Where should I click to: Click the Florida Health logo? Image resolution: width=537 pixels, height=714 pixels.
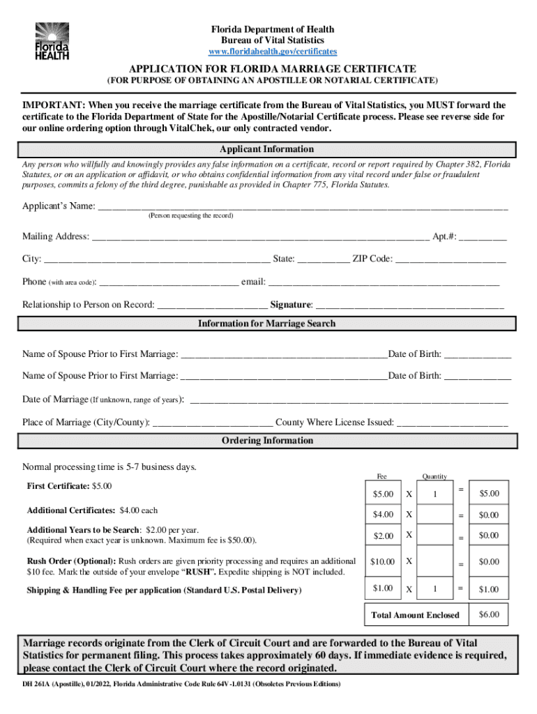(x=52, y=40)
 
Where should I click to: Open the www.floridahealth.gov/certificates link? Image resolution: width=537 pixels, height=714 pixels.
(x=273, y=52)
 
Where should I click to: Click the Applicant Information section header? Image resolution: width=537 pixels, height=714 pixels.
(x=267, y=149)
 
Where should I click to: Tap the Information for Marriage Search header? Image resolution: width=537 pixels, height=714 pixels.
(x=267, y=324)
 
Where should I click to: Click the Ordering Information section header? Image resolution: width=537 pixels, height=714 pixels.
(x=267, y=441)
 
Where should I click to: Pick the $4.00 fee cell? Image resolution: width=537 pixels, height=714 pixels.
(x=383, y=515)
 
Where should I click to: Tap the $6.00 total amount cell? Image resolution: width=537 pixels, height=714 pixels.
(x=488, y=614)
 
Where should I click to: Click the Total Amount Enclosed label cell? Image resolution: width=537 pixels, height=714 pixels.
(x=416, y=615)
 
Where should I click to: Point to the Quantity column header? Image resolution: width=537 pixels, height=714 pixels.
(x=434, y=476)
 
